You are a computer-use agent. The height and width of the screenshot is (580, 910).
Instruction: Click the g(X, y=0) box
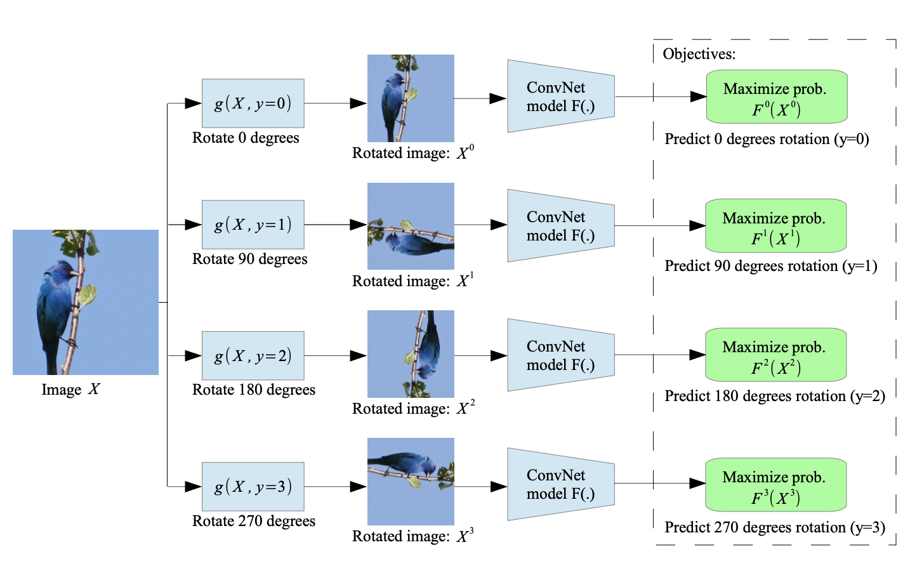tap(253, 103)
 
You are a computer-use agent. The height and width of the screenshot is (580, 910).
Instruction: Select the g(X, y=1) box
tap(253, 225)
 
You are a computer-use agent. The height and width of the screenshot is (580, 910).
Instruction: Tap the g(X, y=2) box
tap(253, 355)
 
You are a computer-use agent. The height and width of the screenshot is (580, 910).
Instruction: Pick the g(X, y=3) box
tap(253, 487)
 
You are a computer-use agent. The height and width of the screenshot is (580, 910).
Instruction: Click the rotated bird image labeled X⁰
tap(411, 98)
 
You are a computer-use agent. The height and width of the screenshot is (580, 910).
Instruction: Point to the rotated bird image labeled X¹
tap(411, 227)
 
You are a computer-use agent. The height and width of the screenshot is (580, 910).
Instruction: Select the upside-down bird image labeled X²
tap(411, 354)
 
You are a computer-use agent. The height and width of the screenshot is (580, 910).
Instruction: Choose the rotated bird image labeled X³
tap(411, 482)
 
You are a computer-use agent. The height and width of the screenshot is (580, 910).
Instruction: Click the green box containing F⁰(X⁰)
tap(776, 97)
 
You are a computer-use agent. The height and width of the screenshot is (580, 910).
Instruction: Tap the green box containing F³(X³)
tap(775, 485)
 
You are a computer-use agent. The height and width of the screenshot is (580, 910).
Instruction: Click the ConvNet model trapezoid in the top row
tap(560, 96)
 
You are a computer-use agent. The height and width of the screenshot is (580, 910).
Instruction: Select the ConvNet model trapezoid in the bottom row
tap(560, 484)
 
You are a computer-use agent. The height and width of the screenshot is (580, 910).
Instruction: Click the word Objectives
tap(699, 54)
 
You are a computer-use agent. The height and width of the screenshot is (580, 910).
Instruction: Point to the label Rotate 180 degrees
tap(253, 390)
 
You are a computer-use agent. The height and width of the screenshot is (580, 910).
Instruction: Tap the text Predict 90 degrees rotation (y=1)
tap(770, 266)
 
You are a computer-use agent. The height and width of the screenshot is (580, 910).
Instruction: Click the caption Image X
tap(70, 390)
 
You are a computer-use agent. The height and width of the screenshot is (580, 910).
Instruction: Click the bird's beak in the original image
tap(76, 273)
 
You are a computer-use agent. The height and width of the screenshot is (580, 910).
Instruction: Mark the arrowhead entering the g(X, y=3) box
tap(194, 487)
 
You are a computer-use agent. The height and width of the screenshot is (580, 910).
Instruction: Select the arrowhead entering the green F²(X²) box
tap(698, 355)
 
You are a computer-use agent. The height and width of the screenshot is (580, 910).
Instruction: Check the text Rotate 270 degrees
tap(253, 521)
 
